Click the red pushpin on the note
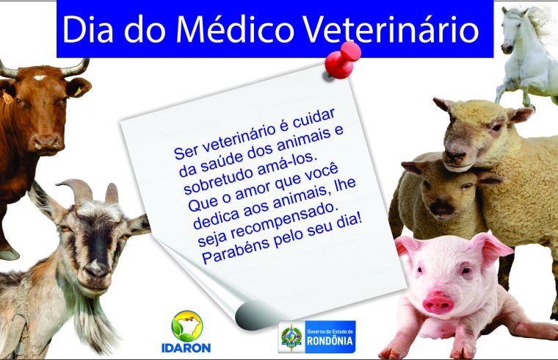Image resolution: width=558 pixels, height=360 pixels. click(x=341, y=60)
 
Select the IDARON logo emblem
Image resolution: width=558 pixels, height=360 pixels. click(x=186, y=326)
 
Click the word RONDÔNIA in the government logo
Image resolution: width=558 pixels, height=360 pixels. click(x=330, y=340)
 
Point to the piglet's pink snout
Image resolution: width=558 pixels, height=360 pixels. click(x=438, y=303)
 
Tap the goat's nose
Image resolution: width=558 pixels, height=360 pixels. click(x=95, y=267)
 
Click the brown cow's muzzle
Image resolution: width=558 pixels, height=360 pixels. click(x=46, y=143)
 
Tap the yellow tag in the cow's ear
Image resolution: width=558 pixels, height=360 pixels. click(x=79, y=92)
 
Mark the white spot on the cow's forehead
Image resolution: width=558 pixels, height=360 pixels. click(x=39, y=77)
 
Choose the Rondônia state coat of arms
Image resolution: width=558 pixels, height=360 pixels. click(x=291, y=336)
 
